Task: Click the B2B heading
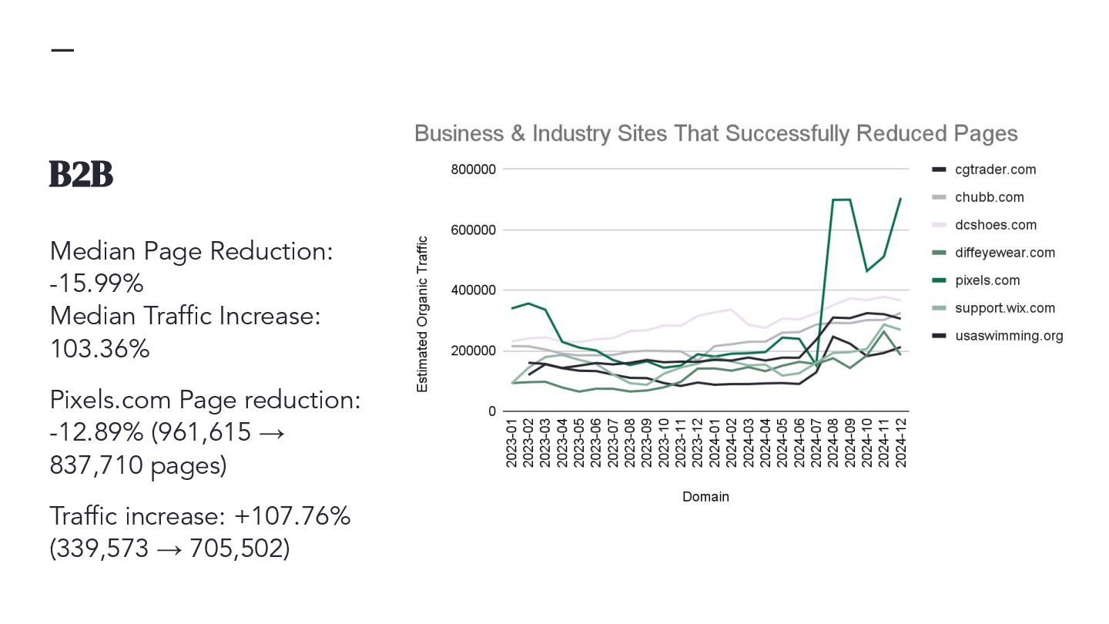(x=81, y=175)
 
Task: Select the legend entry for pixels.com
(x=987, y=280)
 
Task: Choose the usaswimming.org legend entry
(x=1008, y=336)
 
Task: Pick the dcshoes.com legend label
(x=995, y=225)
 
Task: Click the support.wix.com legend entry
(x=1004, y=308)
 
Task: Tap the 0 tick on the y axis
(x=492, y=411)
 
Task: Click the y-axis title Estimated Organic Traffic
(x=422, y=314)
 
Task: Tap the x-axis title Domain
(x=705, y=497)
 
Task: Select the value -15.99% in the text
(x=96, y=283)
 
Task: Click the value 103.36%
(x=99, y=349)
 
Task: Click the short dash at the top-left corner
(x=62, y=50)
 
